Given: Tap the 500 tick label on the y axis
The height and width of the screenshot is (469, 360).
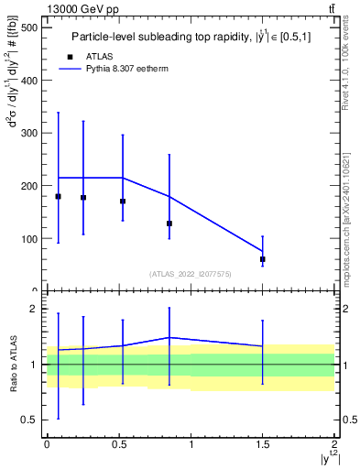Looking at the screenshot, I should (28, 27).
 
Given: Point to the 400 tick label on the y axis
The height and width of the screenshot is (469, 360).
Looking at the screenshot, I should (28, 81).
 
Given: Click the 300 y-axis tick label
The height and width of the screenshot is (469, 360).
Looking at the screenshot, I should (28, 134).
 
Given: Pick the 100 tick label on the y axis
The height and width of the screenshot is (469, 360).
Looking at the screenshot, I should (28, 239).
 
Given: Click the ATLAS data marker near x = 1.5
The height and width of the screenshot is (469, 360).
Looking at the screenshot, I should (263, 259).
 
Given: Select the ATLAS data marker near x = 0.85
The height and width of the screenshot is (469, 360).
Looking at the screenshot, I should (169, 224).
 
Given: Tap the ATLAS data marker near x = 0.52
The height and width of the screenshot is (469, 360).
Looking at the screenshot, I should (123, 202).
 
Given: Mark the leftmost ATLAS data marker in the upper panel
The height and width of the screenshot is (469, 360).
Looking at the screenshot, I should (59, 197).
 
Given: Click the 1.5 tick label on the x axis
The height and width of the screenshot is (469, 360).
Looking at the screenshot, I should (263, 444).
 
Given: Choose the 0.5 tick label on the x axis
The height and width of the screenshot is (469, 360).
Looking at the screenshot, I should (118, 444).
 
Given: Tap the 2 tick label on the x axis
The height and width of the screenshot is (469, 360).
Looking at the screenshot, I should (335, 444).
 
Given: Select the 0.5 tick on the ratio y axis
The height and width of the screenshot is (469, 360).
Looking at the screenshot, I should (30, 420).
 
